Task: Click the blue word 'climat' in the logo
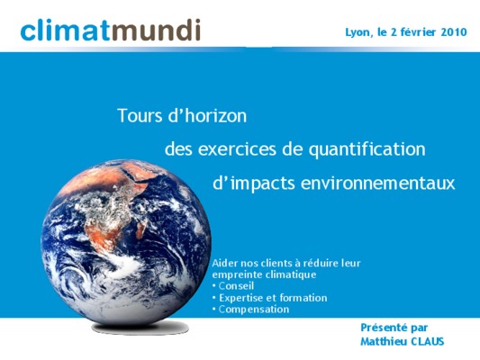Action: pyautogui.click(x=65, y=31)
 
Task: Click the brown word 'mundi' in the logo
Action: pyautogui.click(x=155, y=30)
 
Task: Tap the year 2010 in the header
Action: pyautogui.click(x=454, y=31)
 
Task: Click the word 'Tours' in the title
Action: pyautogui.click(x=140, y=116)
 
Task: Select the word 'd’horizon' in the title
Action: pyautogui.click(x=207, y=115)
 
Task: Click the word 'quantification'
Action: pyautogui.click(x=367, y=150)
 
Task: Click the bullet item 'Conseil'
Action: pyautogui.click(x=233, y=286)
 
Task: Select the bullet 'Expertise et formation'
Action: pyautogui.click(x=269, y=298)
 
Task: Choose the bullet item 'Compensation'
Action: pyautogui.click(x=250, y=310)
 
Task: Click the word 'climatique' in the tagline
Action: pyautogui.click(x=291, y=274)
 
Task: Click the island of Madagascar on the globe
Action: pyautogui.click(x=140, y=230)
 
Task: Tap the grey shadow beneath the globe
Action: pyautogui.click(x=140, y=328)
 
